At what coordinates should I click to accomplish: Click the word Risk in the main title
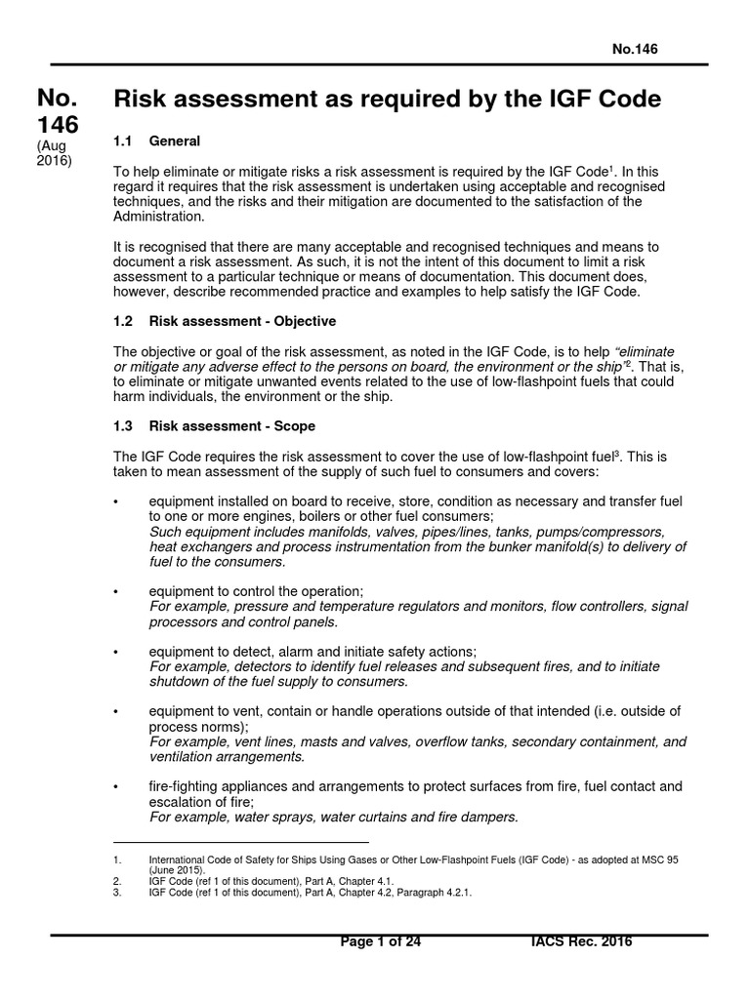click(145, 99)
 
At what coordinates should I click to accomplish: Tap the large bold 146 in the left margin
click(58, 124)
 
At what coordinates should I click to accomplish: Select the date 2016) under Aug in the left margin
click(55, 161)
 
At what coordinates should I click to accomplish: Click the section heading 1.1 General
click(157, 142)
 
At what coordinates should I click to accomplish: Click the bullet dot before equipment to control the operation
click(116, 592)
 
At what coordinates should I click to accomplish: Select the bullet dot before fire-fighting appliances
click(116, 787)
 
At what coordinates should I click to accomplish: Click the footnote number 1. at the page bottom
click(117, 859)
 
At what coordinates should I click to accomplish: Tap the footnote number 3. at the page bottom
click(117, 891)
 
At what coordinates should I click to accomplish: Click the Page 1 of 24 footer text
click(381, 941)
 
